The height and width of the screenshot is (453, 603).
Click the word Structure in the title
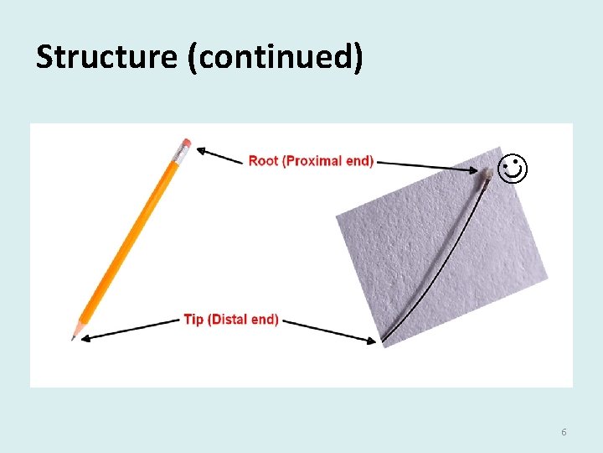pyautogui.click(x=106, y=57)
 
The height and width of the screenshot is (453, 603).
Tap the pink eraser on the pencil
pyautogui.click(x=186, y=143)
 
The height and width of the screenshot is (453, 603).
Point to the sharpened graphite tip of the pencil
pyautogui.click(x=73, y=337)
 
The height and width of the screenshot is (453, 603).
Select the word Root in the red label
pyautogui.click(x=263, y=160)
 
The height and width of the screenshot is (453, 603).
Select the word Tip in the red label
pyautogui.click(x=193, y=320)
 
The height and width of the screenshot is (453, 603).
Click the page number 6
pyautogui.click(x=564, y=432)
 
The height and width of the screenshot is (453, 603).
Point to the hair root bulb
pyautogui.click(x=486, y=175)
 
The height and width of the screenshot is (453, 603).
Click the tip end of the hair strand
pyautogui.click(x=384, y=341)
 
